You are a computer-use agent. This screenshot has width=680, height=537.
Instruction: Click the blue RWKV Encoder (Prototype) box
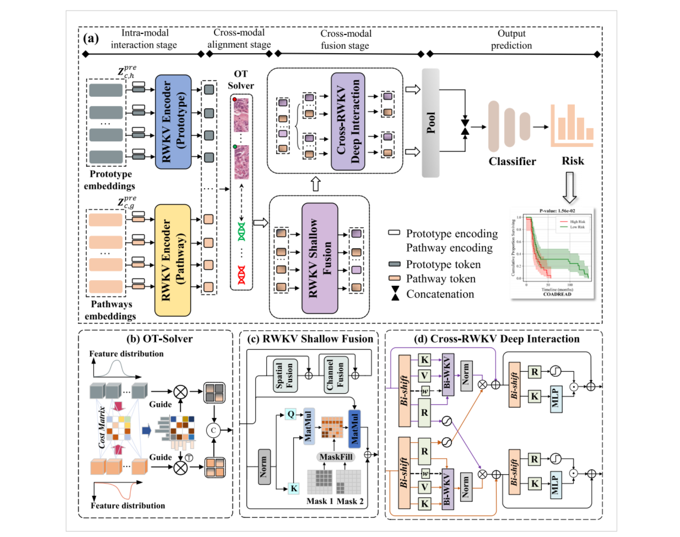coord(173,122)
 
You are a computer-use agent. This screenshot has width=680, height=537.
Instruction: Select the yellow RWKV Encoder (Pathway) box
coord(172,260)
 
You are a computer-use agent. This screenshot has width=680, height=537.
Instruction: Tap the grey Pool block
coord(430,123)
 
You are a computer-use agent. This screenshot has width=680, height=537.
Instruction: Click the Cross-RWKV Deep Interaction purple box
coord(348,121)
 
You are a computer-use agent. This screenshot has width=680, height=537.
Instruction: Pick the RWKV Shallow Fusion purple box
coord(320,258)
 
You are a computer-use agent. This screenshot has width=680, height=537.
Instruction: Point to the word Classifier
coord(512,161)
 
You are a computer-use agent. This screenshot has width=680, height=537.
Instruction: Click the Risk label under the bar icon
coord(573,161)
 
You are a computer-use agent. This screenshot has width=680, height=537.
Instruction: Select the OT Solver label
coord(241,80)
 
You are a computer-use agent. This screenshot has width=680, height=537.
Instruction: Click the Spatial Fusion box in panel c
coord(285,375)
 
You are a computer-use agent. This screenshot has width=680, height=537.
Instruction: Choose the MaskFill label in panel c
coord(336,457)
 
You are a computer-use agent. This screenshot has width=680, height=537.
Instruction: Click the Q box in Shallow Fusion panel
coord(291,414)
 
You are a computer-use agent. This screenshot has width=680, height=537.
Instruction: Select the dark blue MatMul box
coord(354,429)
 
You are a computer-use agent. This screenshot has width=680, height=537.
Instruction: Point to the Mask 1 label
coord(320,501)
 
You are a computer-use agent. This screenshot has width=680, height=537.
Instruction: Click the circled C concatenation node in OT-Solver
coord(213,430)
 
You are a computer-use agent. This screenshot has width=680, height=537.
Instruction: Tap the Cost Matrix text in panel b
coord(102,427)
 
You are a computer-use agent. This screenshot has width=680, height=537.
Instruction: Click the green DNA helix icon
coord(241,231)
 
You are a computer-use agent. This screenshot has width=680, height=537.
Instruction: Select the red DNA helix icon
coord(241,275)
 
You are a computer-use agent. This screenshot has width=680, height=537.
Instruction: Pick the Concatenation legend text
coord(440,294)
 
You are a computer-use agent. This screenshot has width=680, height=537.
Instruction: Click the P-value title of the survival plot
coord(557,211)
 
